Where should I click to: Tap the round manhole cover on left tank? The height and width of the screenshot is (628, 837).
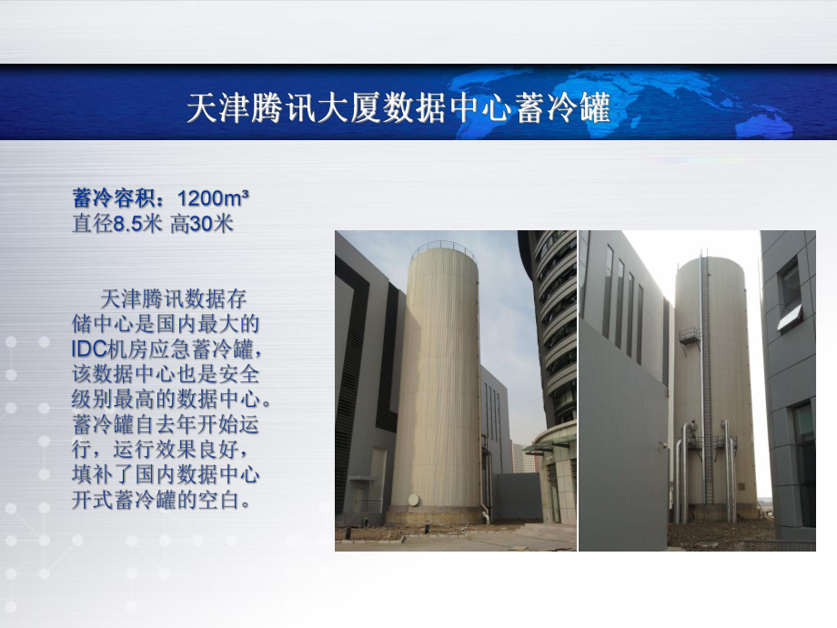coord(414,500)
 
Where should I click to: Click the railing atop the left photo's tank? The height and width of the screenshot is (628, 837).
coord(443,248)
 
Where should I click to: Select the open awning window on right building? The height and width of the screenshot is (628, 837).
coord(789,315)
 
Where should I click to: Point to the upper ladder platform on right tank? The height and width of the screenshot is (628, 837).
coord(690,335)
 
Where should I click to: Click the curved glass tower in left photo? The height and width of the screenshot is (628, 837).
coord(551,319)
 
